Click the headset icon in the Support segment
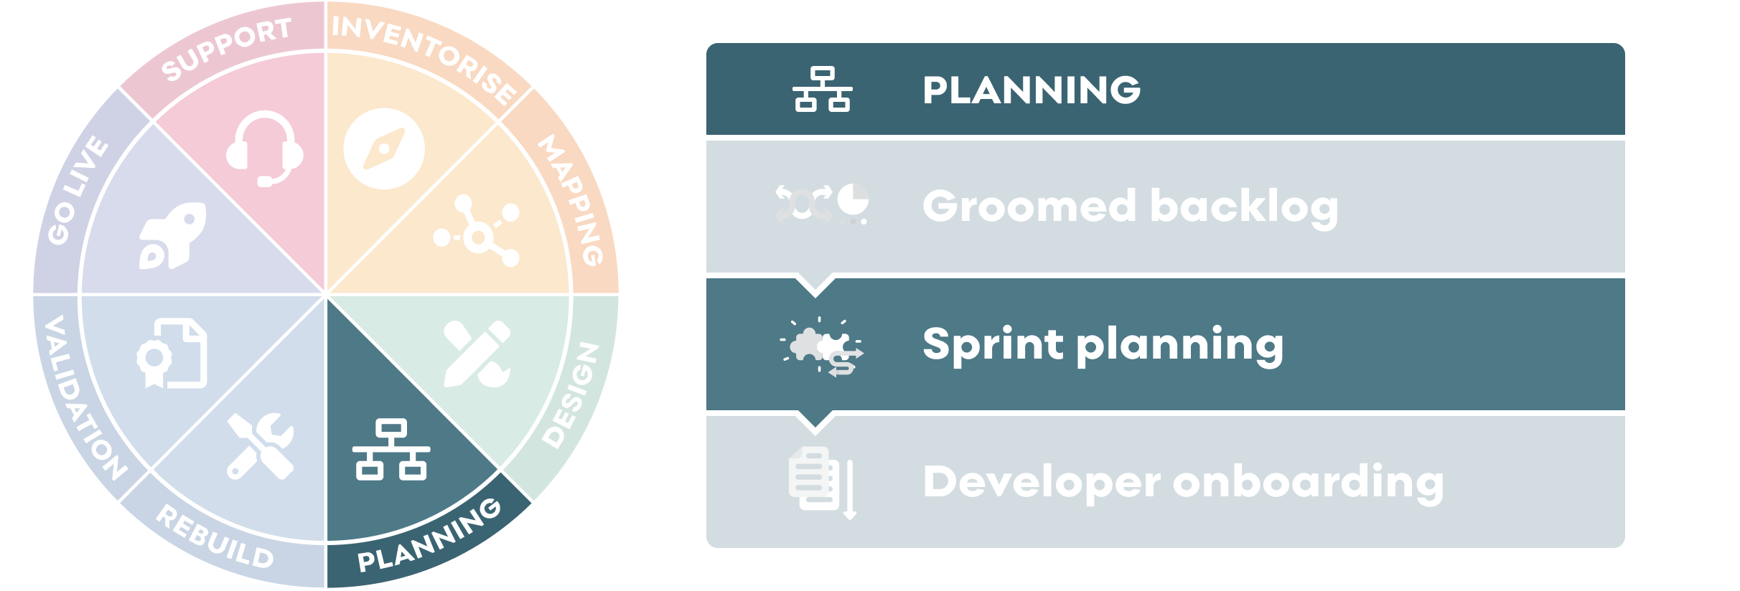(x=264, y=149)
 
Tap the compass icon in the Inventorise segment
(x=384, y=148)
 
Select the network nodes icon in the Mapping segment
(x=477, y=231)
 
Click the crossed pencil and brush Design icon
(x=477, y=354)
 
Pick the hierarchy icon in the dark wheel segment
(x=391, y=450)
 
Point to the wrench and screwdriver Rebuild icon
(x=261, y=446)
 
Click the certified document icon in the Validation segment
(x=172, y=354)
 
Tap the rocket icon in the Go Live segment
(x=172, y=236)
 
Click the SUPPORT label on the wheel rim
(x=225, y=49)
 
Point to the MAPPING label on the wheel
(x=572, y=199)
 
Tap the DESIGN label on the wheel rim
(x=571, y=395)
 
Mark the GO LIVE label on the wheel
(x=78, y=190)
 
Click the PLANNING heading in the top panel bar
(x=1032, y=90)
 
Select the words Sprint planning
(x=1103, y=345)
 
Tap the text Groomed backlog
(x=1131, y=207)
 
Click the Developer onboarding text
(x=1184, y=481)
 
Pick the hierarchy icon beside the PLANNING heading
(x=822, y=90)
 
